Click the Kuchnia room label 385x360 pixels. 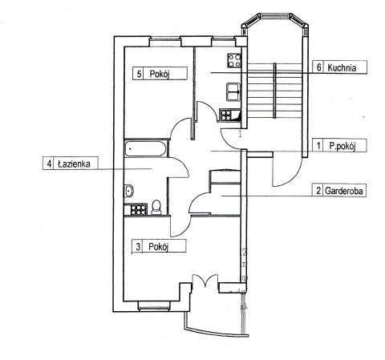point(342,67)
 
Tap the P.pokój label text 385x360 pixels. point(342,146)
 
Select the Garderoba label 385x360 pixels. point(344,191)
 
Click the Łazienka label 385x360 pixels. point(74,164)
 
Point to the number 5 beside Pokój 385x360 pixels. point(139,74)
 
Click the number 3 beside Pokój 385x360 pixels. point(138,246)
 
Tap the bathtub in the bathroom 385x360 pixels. point(146,148)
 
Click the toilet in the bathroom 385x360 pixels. point(156,208)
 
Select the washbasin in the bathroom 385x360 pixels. point(129,191)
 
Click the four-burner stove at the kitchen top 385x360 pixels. point(234,61)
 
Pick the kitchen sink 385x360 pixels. point(233,92)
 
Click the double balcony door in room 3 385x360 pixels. point(205,281)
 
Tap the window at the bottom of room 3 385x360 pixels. point(154,305)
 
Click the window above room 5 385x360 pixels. point(165,42)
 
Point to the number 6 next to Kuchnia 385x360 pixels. point(318,67)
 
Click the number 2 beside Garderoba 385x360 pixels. point(318,191)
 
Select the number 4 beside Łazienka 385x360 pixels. point(49,164)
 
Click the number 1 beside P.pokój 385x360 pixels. point(318,146)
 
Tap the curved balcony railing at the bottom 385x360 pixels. point(216,330)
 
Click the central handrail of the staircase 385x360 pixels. point(274,91)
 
